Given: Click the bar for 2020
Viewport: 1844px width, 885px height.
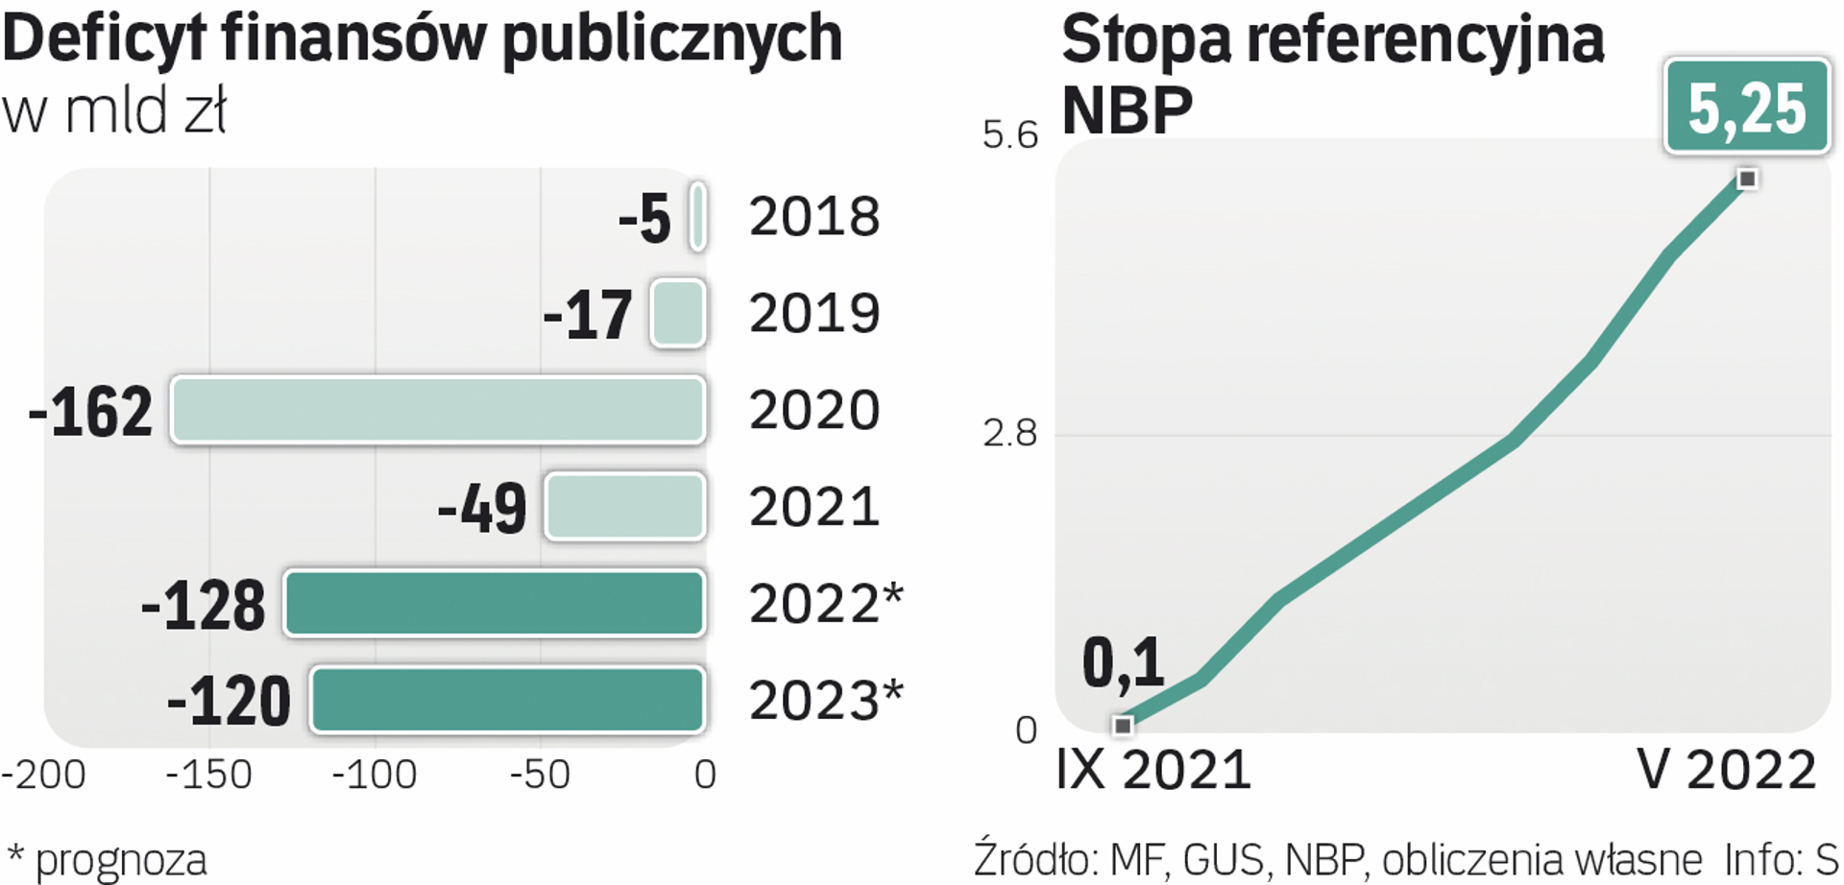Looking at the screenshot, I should pos(438,410).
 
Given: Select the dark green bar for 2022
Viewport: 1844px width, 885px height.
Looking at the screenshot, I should pos(495,603).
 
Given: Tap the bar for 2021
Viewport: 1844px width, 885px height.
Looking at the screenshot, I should pos(625,506).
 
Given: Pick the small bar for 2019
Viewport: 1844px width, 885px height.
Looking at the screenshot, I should pos(678,313).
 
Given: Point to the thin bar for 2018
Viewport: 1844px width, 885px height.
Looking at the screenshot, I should pos(698,217).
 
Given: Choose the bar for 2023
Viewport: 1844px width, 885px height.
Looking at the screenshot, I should pos(507,700).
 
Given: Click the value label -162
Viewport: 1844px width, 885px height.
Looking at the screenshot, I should pos(90,412).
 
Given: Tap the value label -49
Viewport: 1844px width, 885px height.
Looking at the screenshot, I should pos(482,508).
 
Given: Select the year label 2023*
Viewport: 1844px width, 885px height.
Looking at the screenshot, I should pos(826,701).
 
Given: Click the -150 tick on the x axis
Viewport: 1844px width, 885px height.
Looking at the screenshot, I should pos(208,775).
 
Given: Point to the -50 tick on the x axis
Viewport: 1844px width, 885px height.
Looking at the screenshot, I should pos(540,775).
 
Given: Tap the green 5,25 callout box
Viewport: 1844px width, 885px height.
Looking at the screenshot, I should pos(1747,107).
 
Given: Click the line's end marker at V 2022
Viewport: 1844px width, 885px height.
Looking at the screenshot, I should pos(1748,179).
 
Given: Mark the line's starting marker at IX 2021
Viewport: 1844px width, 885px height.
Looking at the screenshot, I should pos(1122,726).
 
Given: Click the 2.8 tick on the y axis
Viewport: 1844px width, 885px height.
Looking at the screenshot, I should pos(1009,434).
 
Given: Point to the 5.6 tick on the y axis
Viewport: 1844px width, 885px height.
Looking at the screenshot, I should pos(1009,135).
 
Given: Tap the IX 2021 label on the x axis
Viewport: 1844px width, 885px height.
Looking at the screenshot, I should pos(1153,770).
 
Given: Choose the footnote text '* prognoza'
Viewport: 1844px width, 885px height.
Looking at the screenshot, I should pos(107,860).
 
